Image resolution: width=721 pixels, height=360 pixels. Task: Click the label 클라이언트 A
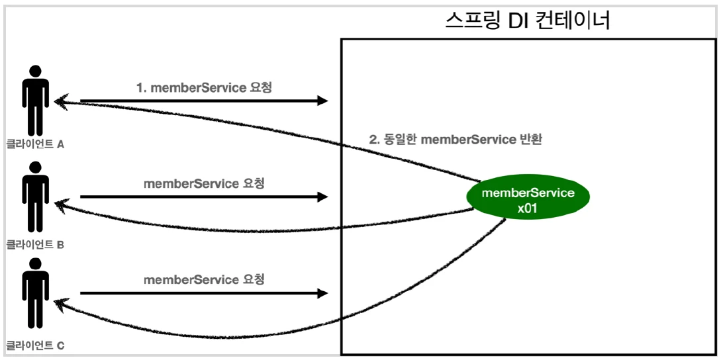tap(35, 144)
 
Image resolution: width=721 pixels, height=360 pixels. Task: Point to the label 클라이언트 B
tap(35, 244)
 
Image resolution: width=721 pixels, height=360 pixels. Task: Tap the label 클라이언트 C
tap(35, 345)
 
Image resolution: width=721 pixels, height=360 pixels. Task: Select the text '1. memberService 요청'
tap(204, 87)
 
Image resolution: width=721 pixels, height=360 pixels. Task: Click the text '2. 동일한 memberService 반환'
tap(455, 140)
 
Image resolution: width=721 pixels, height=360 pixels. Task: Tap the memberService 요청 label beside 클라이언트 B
tap(204, 183)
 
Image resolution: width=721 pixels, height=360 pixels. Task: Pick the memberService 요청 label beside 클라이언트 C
tap(204, 280)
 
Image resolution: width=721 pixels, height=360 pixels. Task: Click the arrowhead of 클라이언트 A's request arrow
tap(323, 101)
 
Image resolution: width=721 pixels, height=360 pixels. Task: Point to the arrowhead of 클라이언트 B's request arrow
tap(323, 197)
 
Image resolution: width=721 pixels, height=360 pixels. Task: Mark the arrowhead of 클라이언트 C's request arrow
tap(323, 292)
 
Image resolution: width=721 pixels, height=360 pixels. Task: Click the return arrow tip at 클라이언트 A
tap(58, 101)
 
